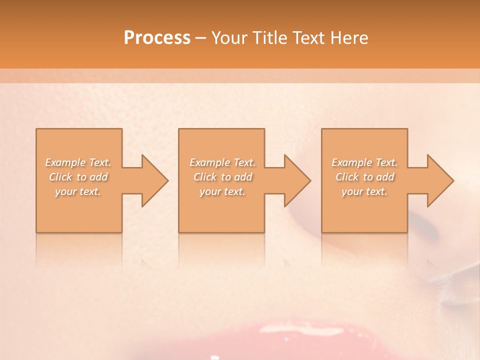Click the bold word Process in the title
[x=157, y=38]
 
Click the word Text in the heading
[x=308, y=38]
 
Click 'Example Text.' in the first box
[x=78, y=162]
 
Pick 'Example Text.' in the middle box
[x=222, y=162]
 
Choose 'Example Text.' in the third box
[x=364, y=162]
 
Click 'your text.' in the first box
[x=78, y=191]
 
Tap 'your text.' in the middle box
[x=222, y=191]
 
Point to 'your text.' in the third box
[x=364, y=191]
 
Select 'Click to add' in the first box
[x=78, y=177]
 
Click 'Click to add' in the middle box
[x=222, y=177]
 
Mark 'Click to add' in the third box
[x=364, y=177]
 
